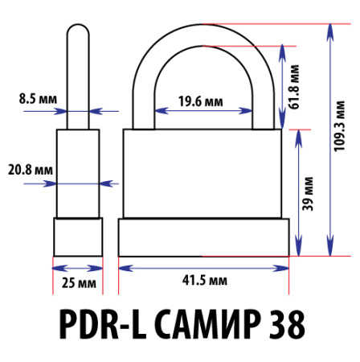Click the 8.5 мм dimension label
click(x=38, y=101)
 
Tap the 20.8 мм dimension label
click(x=30, y=171)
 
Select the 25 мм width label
click(x=78, y=282)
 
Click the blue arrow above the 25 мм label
click(x=78, y=268)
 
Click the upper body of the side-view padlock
click(x=78, y=172)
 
